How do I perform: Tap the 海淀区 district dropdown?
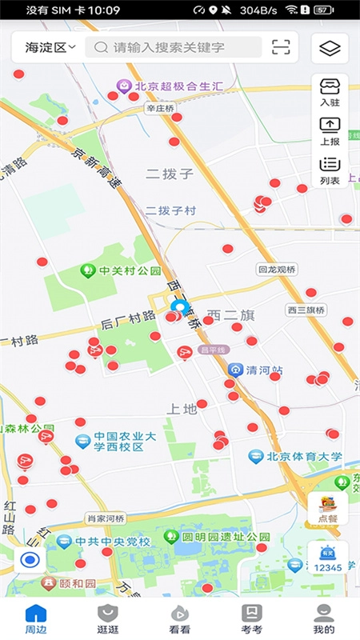(50, 47)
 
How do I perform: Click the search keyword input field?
(178, 47)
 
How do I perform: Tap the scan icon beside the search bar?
(281, 47)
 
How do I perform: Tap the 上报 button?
(330, 131)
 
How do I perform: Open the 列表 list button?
(330, 170)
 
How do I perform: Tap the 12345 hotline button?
(327, 557)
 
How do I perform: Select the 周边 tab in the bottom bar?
(36, 619)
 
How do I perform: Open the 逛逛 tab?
(108, 619)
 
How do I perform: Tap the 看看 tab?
(180, 619)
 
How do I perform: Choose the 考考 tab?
(252, 619)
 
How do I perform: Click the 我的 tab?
(324, 619)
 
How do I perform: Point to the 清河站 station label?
(258, 370)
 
